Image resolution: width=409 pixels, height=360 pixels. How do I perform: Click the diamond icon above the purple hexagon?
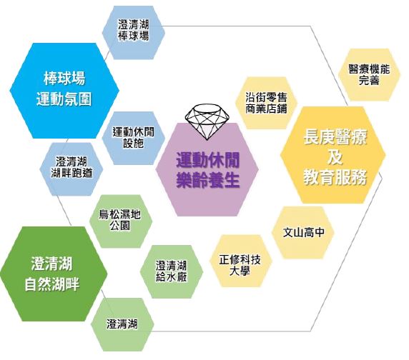coord(207,121)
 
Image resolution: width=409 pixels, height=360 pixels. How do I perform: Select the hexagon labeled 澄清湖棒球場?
coord(133,33)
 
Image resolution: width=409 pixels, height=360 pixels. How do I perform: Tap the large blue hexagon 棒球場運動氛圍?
coord(64,91)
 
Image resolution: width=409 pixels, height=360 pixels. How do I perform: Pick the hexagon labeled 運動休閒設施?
coord(133,138)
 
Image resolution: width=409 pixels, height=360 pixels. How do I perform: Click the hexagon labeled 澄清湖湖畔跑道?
coord(72,169)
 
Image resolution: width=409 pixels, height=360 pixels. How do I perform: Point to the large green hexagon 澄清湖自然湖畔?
coord(54,274)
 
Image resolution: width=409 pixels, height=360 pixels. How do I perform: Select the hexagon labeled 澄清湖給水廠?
coord(172,271)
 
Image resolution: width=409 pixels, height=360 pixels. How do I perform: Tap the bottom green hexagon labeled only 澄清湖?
coord(122,324)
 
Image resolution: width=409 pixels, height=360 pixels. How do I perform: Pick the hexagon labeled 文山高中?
coord(303,233)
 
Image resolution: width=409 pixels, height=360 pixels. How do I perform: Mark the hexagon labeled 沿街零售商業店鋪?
coord(266,103)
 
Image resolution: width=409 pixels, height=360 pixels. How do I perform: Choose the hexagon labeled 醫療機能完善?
coord(370,75)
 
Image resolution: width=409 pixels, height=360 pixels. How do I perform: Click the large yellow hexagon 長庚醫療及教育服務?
coord(332,155)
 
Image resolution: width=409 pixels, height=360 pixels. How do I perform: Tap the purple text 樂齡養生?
coord(208,180)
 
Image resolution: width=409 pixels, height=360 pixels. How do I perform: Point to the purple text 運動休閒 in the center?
coord(208,160)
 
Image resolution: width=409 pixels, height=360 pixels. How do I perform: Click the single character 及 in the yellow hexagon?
coord(335,156)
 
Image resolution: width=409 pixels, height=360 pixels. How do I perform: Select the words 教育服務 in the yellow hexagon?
coord(335,177)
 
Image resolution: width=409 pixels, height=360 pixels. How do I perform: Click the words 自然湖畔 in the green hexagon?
coord(51,284)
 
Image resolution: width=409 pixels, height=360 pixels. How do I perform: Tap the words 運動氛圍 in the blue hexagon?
coord(64,99)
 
